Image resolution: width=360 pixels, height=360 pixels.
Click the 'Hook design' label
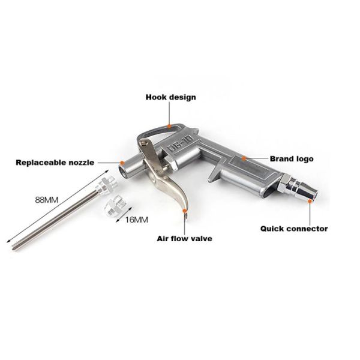(x=171, y=97)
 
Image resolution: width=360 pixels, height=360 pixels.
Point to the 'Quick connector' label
(x=294, y=228)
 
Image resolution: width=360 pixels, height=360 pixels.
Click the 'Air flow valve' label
(x=184, y=238)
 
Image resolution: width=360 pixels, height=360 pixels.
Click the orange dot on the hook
(x=171, y=126)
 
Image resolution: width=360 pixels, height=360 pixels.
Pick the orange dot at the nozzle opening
(x=122, y=162)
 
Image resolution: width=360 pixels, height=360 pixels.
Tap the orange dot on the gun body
(x=244, y=159)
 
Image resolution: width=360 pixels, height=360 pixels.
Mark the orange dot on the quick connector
(x=310, y=203)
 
